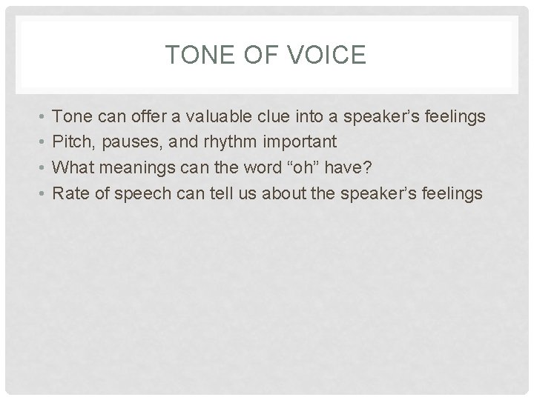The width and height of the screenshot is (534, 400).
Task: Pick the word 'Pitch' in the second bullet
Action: (x=72, y=141)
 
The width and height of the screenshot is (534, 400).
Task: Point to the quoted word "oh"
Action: (x=314, y=167)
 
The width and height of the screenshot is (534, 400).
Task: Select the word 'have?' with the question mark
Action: (x=356, y=167)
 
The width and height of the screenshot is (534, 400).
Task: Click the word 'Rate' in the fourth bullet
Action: (x=70, y=193)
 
